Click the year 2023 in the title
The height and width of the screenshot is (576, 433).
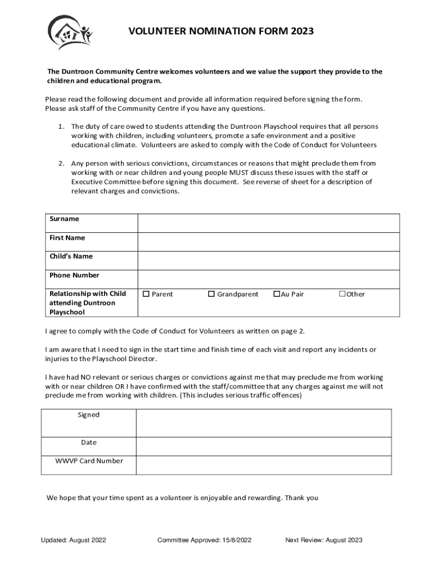point(303,31)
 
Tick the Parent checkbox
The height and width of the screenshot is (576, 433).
point(147,294)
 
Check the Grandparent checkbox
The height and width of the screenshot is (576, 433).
point(211,294)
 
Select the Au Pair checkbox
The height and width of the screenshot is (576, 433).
point(277,294)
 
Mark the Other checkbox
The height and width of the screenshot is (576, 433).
point(342,294)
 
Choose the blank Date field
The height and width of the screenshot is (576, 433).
point(263,446)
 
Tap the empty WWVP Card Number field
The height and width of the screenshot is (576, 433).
point(263,465)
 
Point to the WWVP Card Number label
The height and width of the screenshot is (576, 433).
point(89,461)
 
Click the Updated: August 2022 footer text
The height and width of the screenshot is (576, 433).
point(74,541)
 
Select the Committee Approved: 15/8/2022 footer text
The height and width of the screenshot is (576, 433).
point(204,541)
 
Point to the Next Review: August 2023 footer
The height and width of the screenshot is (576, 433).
point(324,541)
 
